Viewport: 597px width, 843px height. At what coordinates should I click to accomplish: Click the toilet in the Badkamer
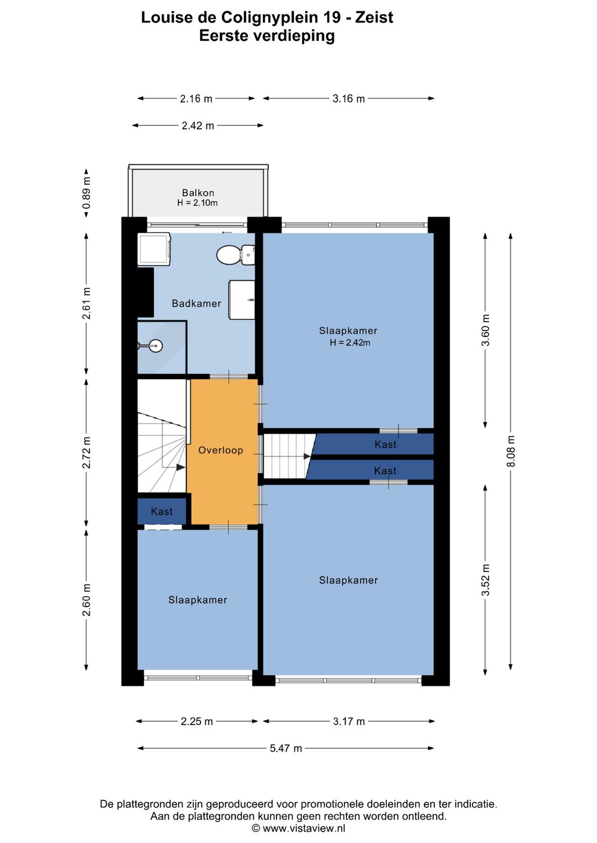click(235, 255)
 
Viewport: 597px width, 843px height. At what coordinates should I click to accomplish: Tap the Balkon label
click(198, 193)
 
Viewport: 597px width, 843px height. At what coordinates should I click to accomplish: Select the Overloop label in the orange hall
click(221, 450)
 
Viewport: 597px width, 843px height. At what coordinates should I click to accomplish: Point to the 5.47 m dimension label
click(285, 748)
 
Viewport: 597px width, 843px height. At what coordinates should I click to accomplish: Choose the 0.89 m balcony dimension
click(86, 193)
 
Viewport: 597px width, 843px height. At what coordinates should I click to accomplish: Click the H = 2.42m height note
click(350, 343)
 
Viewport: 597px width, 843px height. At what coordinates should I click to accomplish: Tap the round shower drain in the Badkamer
click(155, 345)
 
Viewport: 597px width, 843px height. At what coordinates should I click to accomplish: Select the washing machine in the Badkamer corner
click(154, 249)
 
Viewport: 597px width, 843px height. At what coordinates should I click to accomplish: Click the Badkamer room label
click(196, 303)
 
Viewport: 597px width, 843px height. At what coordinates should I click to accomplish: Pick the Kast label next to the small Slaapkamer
click(161, 511)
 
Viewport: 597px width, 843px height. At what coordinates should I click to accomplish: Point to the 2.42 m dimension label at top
click(198, 125)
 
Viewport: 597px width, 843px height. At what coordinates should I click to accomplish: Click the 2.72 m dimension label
click(86, 452)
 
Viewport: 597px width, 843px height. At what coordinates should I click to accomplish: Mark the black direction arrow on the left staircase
click(181, 467)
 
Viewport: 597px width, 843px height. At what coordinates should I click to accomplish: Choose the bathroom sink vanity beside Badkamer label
click(242, 299)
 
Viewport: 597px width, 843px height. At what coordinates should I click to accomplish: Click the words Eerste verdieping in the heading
click(266, 36)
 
